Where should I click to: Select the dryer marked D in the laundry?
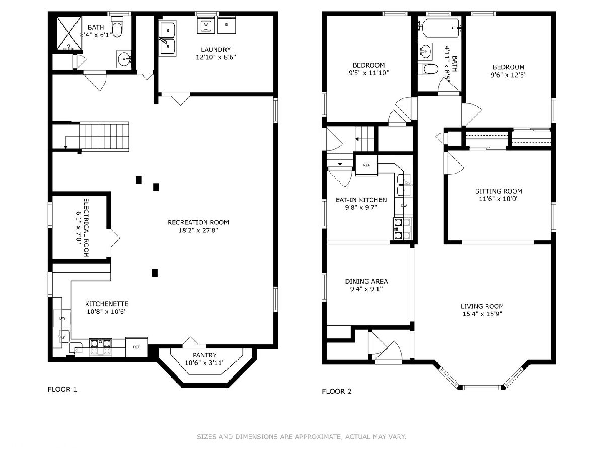tap(226, 25)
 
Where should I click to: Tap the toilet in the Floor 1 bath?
tap(117, 26)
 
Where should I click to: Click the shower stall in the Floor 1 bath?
tap(69, 33)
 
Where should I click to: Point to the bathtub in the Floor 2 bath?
tap(439, 28)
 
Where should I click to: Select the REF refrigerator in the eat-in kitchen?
tap(366, 165)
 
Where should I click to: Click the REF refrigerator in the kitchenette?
tap(137, 347)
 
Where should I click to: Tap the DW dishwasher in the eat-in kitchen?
tap(404, 206)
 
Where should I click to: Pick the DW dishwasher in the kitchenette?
tap(62, 318)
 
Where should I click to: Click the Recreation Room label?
tap(198, 222)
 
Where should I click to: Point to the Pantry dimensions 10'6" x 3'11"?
tap(205, 363)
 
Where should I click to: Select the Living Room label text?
tap(482, 306)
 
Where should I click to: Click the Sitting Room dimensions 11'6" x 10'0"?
tap(499, 199)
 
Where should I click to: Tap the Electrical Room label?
tap(86, 228)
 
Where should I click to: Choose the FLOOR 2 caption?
tap(337, 391)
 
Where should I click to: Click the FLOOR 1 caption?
tap(62, 389)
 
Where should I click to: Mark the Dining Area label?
tap(366, 281)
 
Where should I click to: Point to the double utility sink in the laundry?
tap(167, 38)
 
